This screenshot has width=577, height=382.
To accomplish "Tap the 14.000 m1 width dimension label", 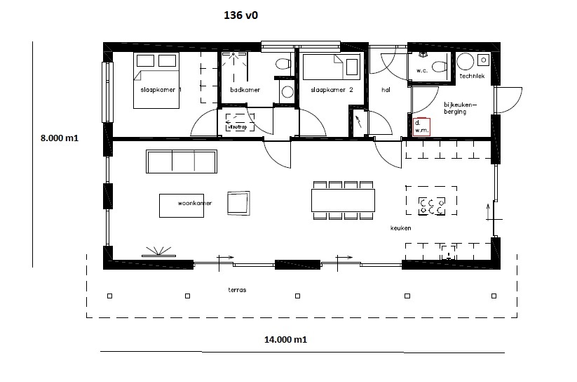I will pyautogui.click(x=285, y=340).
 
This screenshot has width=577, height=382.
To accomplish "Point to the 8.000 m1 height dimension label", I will pyautogui.click(x=59, y=139).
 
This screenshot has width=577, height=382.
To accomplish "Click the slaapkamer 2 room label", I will pyautogui.click(x=331, y=91).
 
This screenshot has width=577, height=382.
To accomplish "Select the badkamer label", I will pyautogui.click(x=245, y=90).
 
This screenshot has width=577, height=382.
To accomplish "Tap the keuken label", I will pyautogui.click(x=400, y=228).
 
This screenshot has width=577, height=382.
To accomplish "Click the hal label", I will pyautogui.click(x=386, y=91).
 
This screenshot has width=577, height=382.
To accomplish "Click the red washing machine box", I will pyautogui.click(x=422, y=127).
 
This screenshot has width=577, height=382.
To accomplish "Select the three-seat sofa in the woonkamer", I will pyautogui.click(x=180, y=162).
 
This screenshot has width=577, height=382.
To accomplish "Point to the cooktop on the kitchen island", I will pyautogui.click(x=430, y=206).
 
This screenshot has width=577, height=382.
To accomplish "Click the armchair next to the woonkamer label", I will pyautogui.click(x=237, y=204).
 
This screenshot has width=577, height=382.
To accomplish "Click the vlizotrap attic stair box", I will pyautogui.click(x=237, y=125).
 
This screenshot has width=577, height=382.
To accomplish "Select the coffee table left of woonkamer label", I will pyautogui.click(x=168, y=206).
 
